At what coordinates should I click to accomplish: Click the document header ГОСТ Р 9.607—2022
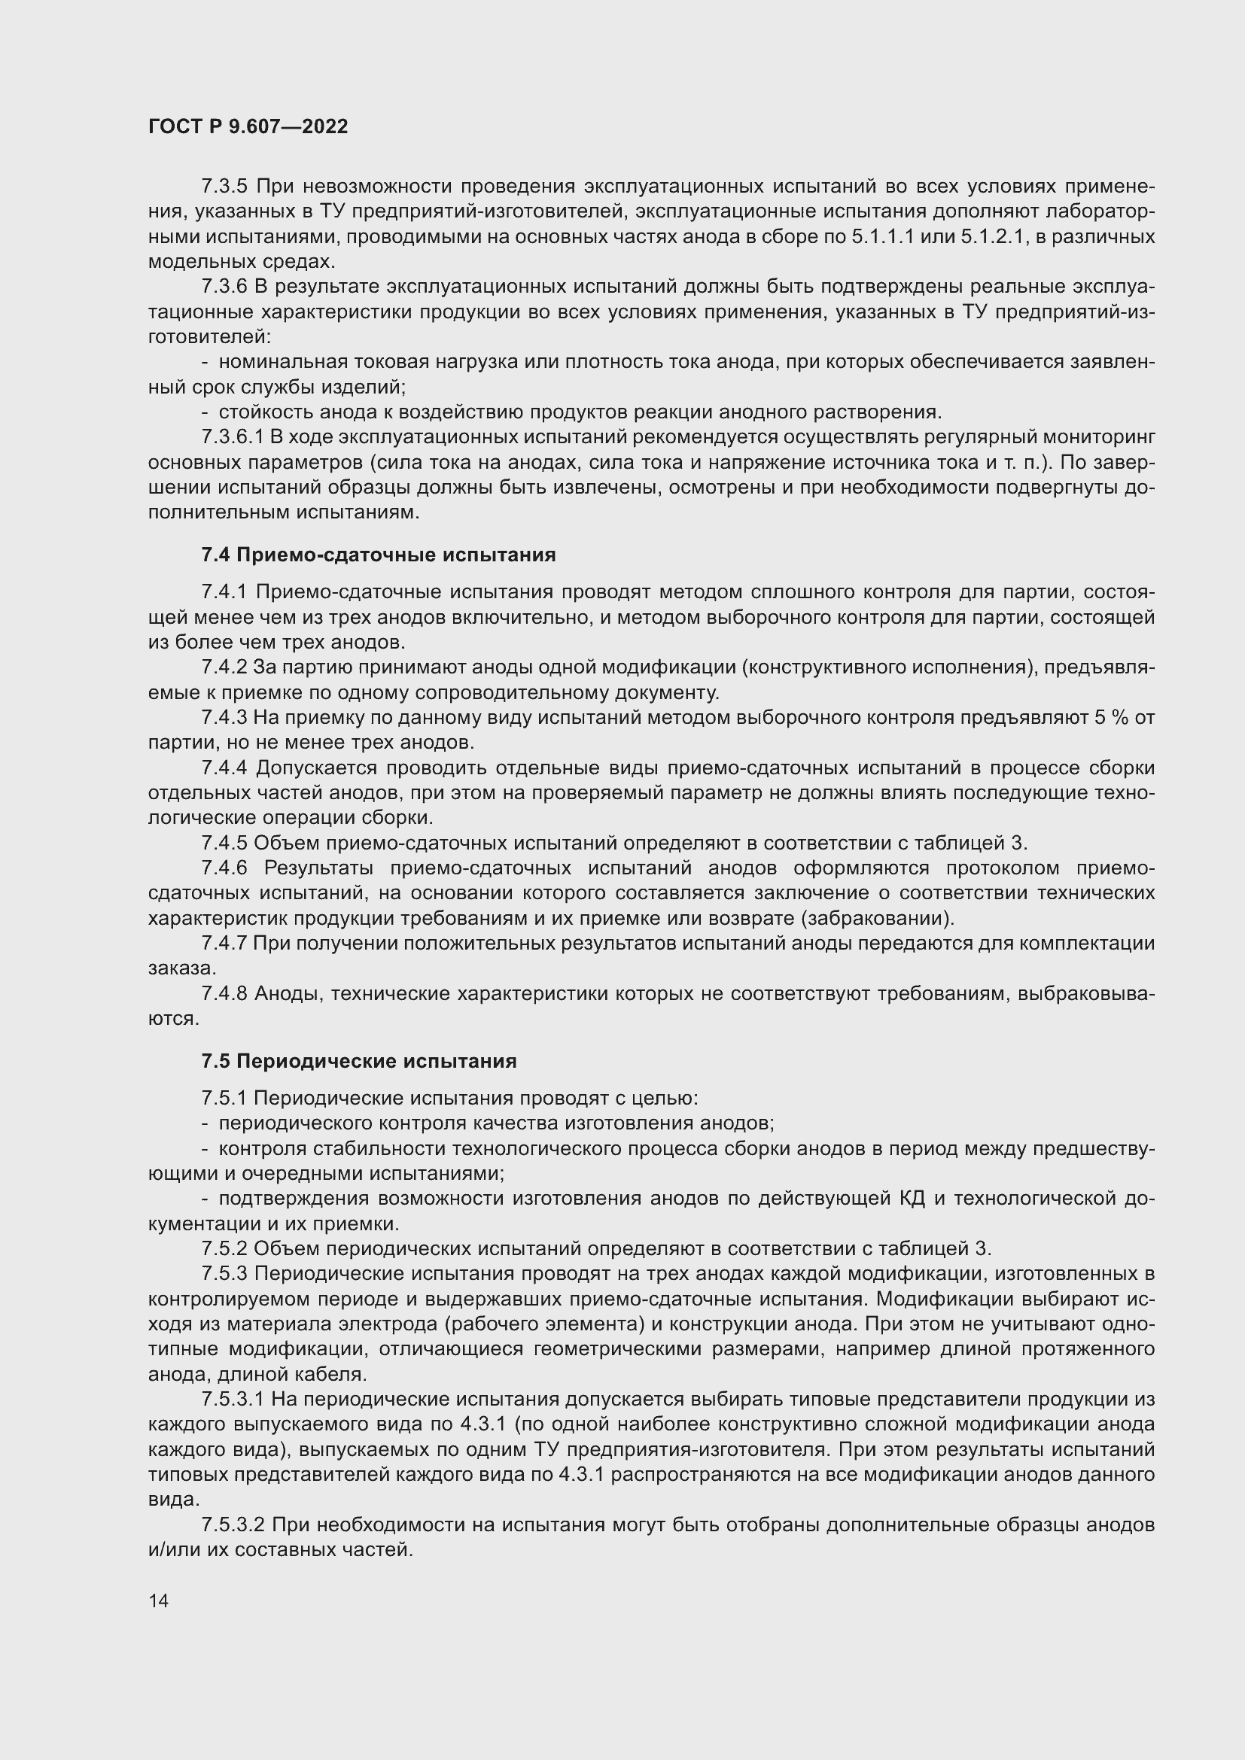coord(248,126)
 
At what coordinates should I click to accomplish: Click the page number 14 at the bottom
coord(158,1600)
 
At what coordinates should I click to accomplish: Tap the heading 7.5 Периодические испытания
coord(359,1061)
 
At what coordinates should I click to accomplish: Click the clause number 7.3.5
coord(224,187)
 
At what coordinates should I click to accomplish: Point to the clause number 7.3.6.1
coord(233,437)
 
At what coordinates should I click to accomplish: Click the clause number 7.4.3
coord(224,718)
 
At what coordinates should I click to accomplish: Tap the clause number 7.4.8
coord(224,993)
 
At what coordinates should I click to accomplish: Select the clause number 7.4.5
coord(224,844)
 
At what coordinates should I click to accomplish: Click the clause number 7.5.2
coord(224,1249)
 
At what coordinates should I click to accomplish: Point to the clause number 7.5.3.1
coord(233,1400)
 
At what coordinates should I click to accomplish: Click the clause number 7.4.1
coord(224,591)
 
